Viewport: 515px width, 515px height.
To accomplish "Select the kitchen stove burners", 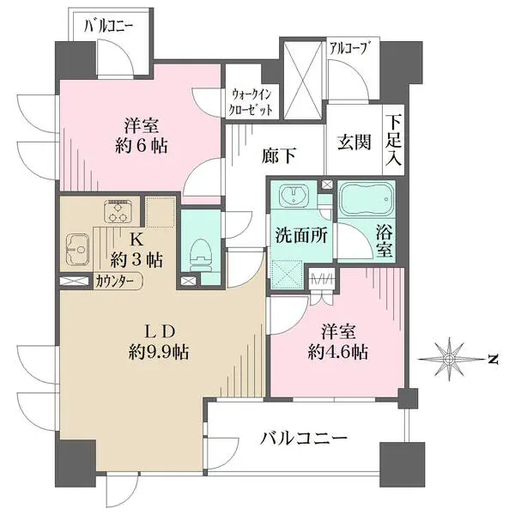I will (116, 209).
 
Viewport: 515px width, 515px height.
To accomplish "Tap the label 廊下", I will (280, 155).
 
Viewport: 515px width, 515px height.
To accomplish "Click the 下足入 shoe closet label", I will (394, 142).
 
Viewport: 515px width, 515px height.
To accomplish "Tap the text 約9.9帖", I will (160, 350).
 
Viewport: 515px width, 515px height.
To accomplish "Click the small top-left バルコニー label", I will (109, 26).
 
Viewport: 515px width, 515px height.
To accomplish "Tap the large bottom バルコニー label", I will (304, 439).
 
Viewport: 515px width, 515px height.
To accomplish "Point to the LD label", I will (160, 330).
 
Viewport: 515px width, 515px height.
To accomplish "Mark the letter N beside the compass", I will (494, 359).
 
